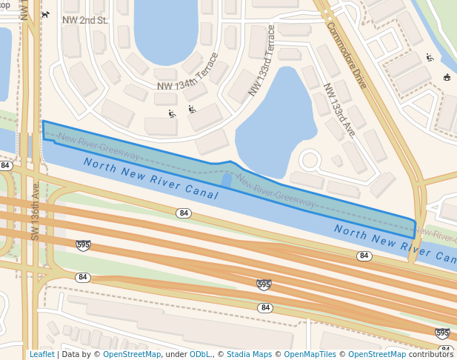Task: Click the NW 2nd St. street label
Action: click(85, 20)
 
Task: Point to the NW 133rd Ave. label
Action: click(340, 110)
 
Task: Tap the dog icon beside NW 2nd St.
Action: click(46, 14)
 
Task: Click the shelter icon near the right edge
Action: click(447, 78)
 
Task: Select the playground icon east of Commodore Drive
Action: click(430, 58)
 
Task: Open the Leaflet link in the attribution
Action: click(41, 354)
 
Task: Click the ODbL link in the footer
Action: click(200, 354)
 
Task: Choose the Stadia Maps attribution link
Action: click(248, 354)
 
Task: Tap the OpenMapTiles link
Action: click(307, 354)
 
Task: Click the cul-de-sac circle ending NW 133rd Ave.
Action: click(310, 159)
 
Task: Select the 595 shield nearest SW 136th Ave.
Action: click(83, 244)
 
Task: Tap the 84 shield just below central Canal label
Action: click(184, 213)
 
